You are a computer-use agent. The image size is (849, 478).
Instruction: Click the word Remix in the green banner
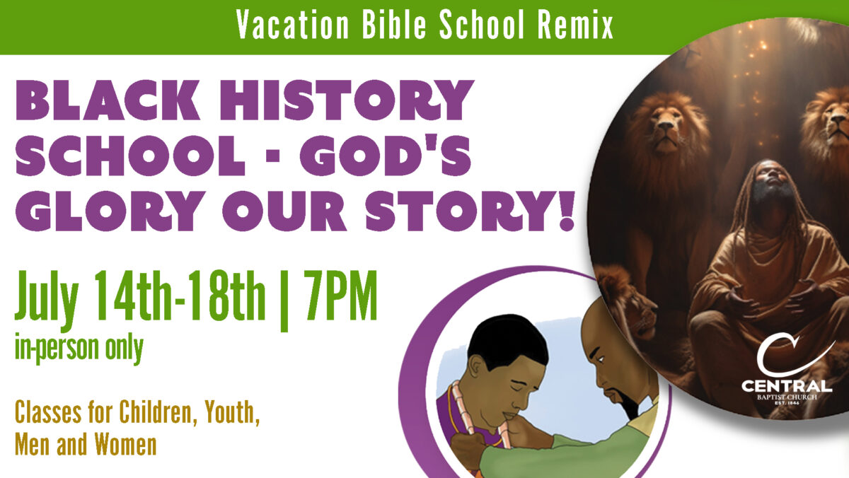tap(575, 25)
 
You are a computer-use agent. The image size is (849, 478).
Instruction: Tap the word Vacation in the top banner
tap(292, 25)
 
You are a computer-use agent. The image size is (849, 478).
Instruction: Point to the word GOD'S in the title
tap(386, 156)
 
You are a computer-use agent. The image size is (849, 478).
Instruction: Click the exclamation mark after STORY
tap(567, 211)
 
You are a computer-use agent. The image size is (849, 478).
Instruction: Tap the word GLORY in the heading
tap(110, 211)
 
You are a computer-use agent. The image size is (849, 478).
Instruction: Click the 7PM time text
tap(340, 296)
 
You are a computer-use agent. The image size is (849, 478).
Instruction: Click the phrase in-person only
tap(79, 349)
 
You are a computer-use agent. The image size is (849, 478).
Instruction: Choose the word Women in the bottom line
tap(125, 444)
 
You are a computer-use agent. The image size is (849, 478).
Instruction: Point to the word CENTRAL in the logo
tap(787, 386)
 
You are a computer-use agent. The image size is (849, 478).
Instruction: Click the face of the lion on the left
tap(668, 131)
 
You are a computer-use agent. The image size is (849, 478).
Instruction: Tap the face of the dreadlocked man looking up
tap(773, 178)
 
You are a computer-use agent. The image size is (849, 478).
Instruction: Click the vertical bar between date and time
tap(284, 301)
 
